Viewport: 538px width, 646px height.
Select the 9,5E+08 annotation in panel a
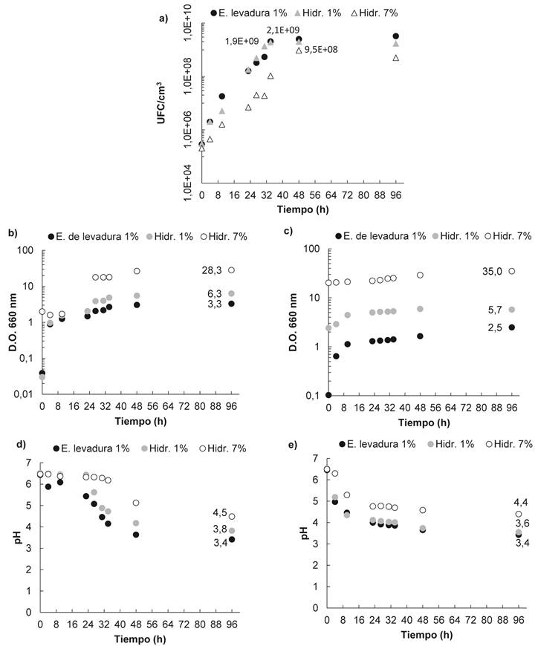coord(321,50)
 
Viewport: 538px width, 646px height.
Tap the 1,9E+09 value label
coord(242,42)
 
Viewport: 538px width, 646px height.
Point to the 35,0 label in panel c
coord(493,272)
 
